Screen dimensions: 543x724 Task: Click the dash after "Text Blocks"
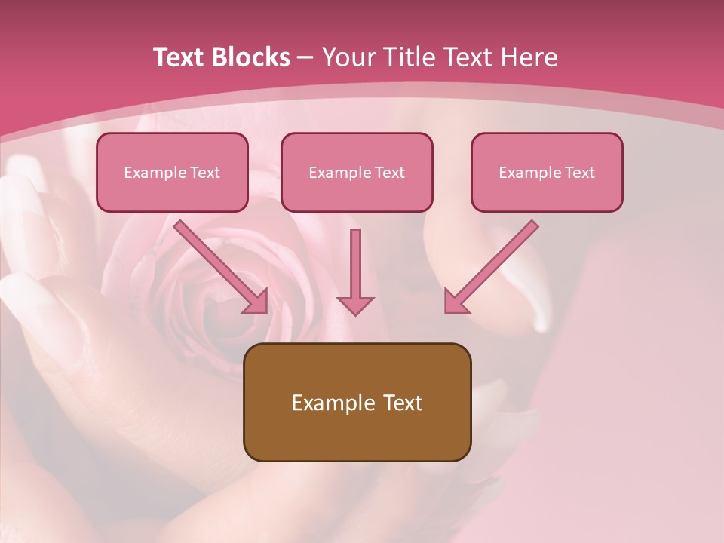[x=305, y=57]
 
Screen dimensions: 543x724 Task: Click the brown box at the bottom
[x=357, y=402]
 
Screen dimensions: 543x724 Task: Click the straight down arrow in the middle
[x=355, y=268]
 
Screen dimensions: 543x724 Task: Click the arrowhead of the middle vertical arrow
[x=355, y=305]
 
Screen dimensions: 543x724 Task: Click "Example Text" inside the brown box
[x=357, y=403]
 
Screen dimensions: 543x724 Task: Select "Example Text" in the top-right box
[x=547, y=173]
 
